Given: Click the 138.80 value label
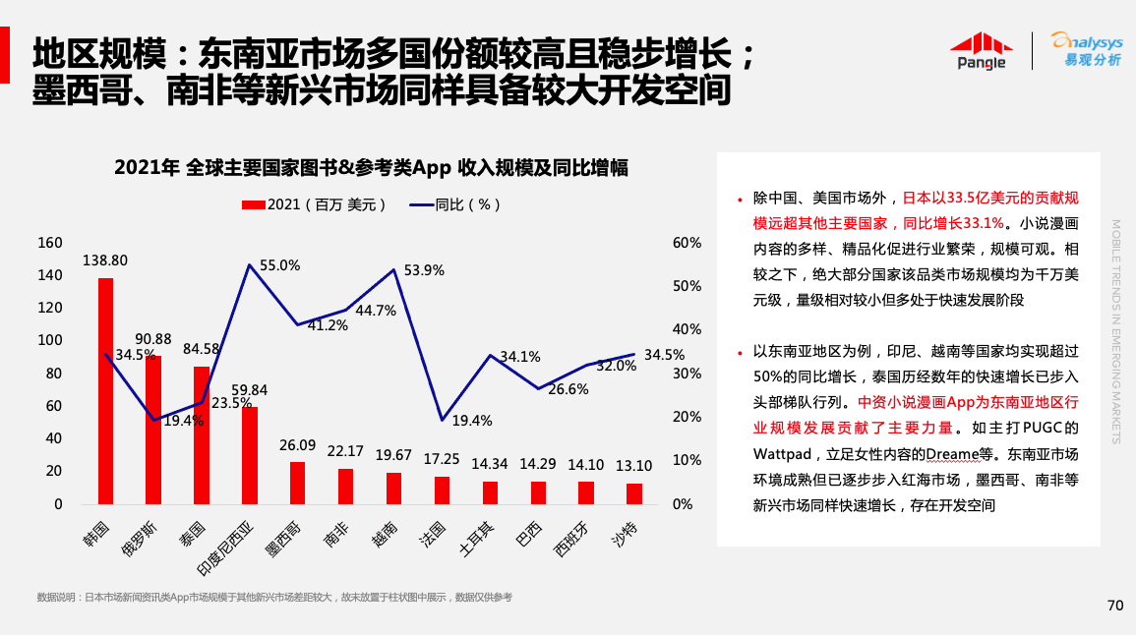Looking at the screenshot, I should pos(105,261).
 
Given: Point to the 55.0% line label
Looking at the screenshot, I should pos(279,265).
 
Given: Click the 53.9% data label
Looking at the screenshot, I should pos(424,269).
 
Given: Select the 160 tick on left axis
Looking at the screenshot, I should pos(50,243).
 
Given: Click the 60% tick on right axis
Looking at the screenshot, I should pos(687,243).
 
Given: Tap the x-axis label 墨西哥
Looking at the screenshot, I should pos(283,536).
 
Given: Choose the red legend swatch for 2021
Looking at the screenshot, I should pos(253,204).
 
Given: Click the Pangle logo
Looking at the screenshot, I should pos(981,51).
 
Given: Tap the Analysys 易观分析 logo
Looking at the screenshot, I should pos(1086,50).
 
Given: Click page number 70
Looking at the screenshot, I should pos(1114,606).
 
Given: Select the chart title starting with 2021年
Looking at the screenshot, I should pos(371,167).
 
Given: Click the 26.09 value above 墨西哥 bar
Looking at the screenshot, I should pos(297,445).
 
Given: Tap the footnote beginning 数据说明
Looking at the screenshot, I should pos(274,598).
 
